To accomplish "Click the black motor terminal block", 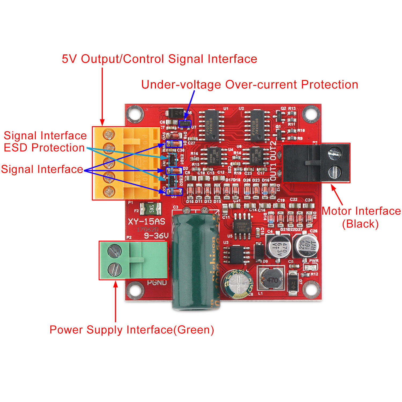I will pos(316,163).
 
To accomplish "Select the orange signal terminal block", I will pos(126,163).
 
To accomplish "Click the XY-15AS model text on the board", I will pos(147,222).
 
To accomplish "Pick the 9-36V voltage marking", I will pos(156,236).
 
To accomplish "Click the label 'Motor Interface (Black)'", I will pos(361,217).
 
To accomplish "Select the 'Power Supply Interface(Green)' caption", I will pos(132,330).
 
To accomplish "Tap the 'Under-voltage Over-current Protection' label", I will pos(250,85).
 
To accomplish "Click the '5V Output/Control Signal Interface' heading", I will pos(159,59).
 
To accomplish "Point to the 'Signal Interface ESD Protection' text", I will pos(45,142).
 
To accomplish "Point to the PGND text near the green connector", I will pos(157,283).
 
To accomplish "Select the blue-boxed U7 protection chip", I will pos(185,124).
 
